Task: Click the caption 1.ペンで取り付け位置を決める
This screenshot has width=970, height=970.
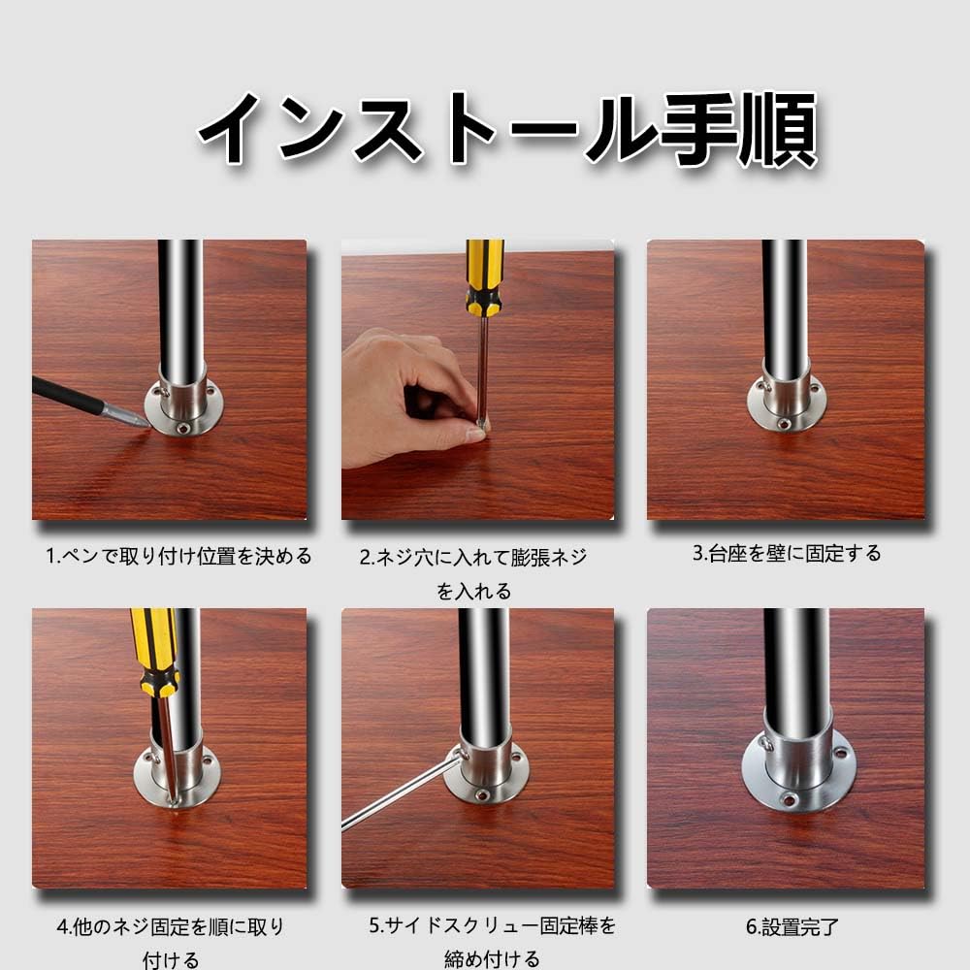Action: click(x=179, y=557)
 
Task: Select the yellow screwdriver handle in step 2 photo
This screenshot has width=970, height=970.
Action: click(x=484, y=276)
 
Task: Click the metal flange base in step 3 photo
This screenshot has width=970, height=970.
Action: click(x=785, y=403)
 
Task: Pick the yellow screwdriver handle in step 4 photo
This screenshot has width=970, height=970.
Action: click(x=154, y=650)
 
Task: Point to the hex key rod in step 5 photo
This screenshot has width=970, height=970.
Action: click(x=398, y=793)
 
